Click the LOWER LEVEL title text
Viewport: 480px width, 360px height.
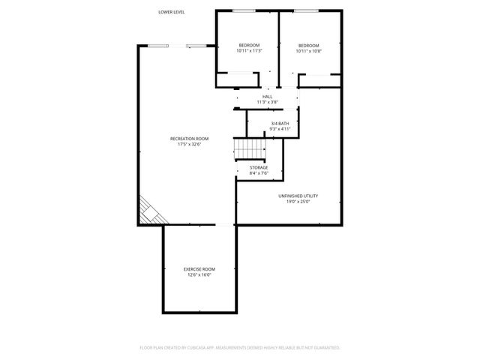[x=172, y=12]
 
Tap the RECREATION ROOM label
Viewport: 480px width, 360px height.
[x=189, y=139]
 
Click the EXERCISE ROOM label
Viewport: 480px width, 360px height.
[x=199, y=269]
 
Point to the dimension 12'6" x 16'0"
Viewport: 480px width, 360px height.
[x=199, y=274]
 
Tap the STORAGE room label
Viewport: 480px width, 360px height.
[x=259, y=168]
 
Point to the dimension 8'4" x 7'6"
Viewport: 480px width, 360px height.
[x=259, y=173]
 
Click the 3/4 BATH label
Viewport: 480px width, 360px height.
[x=280, y=124]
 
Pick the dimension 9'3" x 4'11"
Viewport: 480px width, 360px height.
[x=280, y=129]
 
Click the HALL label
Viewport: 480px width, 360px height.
[x=268, y=97]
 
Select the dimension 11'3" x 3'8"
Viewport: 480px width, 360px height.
[x=268, y=102]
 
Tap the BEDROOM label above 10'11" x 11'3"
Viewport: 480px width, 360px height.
[x=249, y=46]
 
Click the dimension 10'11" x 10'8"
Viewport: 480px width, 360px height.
[x=307, y=51]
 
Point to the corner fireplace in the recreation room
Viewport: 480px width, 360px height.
[x=148, y=211]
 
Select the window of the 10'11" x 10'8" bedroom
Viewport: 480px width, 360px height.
[x=304, y=10]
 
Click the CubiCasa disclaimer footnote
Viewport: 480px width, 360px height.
[x=240, y=347]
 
